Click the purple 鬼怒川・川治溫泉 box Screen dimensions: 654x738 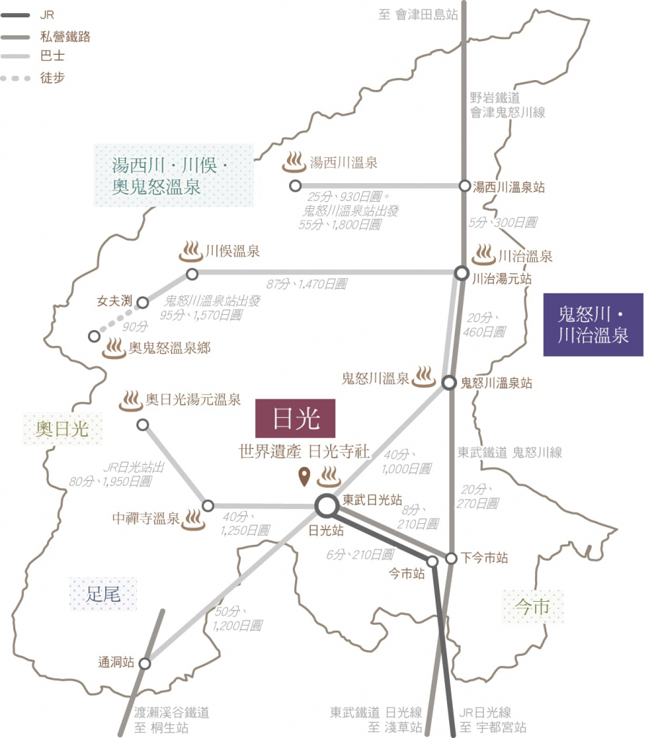[x=593, y=324]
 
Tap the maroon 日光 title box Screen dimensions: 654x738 [x=296, y=418]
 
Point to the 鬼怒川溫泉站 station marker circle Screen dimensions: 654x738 [x=449, y=382]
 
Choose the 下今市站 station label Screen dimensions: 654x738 [x=485, y=557]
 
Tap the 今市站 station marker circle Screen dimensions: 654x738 [x=432, y=561]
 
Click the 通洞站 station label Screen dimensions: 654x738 [x=116, y=662]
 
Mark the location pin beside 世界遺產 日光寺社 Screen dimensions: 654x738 [x=304, y=476]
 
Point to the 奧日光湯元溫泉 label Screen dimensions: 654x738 [x=193, y=399]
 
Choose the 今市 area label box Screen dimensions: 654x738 [x=533, y=606]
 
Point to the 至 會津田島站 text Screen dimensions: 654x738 [x=417, y=14]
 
